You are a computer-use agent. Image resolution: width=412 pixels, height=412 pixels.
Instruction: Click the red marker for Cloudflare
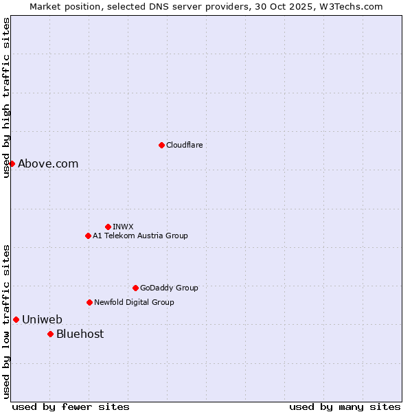tap(161, 145)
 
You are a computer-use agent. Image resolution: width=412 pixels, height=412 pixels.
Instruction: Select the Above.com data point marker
tap(12, 163)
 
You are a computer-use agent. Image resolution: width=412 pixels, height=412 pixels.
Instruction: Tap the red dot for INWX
tap(108, 227)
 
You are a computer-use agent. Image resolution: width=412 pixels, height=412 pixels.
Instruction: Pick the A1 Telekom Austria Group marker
tap(88, 236)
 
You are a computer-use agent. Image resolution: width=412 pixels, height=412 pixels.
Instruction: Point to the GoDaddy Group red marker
tap(135, 288)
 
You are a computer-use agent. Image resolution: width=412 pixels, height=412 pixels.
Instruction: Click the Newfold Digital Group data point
tap(89, 302)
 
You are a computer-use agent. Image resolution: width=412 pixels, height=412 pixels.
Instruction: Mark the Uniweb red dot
tap(16, 319)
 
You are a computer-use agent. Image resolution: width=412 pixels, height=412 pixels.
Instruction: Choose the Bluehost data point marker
tap(50, 334)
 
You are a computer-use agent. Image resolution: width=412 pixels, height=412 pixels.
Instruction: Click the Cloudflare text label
tap(184, 145)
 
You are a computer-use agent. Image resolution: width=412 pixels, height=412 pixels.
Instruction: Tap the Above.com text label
tap(48, 163)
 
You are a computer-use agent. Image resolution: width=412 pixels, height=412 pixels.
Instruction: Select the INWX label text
tap(123, 227)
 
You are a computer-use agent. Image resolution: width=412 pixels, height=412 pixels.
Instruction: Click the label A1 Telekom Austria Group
tap(140, 236)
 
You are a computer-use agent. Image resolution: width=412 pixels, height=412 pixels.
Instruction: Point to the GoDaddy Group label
tap(169, 288)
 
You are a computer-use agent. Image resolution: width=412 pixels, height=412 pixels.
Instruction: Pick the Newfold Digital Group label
tap(134, 302)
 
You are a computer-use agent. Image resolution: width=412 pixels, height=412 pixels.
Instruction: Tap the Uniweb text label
tap(42, 319)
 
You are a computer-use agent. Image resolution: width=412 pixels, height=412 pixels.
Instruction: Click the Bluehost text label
tap(80, 334)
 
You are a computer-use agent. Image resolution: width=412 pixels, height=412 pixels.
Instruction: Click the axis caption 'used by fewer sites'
tap(71, 407)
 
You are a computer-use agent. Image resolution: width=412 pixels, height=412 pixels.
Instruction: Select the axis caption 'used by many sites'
tap(345, 407)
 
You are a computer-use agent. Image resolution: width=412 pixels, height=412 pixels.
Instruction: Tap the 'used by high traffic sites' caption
tap(6, 98)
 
